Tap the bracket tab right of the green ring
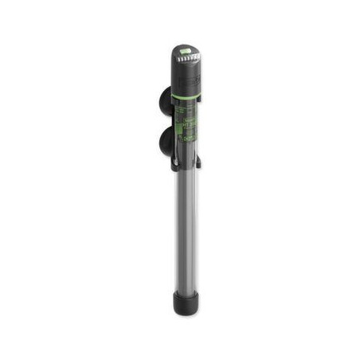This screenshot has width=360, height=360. [x=199, y=97]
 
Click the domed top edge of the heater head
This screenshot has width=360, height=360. [x=185, y=45]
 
